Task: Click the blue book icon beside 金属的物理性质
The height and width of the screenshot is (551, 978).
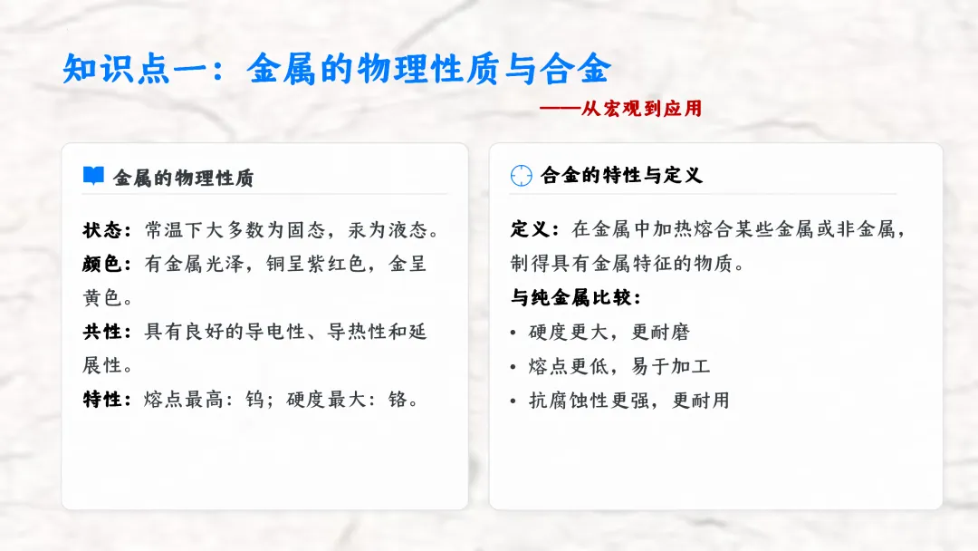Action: pos(93,176)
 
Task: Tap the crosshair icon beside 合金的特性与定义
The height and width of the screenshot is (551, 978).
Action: pos(521,176)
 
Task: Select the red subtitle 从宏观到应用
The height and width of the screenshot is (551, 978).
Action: pos(641,109)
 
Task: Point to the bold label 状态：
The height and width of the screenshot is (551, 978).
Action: pos(108,230)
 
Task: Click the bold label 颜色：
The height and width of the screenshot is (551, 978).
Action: pos(108,264)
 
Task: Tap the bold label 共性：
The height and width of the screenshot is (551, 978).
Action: pos(108,332)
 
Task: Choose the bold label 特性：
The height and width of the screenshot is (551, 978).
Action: pos(108,400)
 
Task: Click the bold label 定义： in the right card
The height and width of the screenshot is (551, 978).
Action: pos(535,230)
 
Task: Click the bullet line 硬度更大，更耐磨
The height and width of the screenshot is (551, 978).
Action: pos(609,333)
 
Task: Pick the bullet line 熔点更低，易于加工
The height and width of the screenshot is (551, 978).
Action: pos(619,366)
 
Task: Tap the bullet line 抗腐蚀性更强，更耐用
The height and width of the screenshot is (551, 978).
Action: pos(629,401)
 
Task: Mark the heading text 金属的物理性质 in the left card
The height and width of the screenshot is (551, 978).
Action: pos(183,178)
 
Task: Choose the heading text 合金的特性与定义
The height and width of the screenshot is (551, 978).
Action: pos(621,176)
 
